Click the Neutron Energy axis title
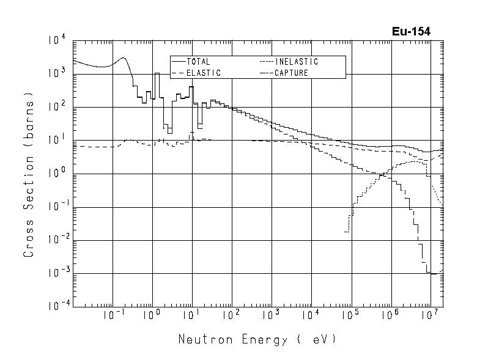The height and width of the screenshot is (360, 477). pos(257,339)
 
